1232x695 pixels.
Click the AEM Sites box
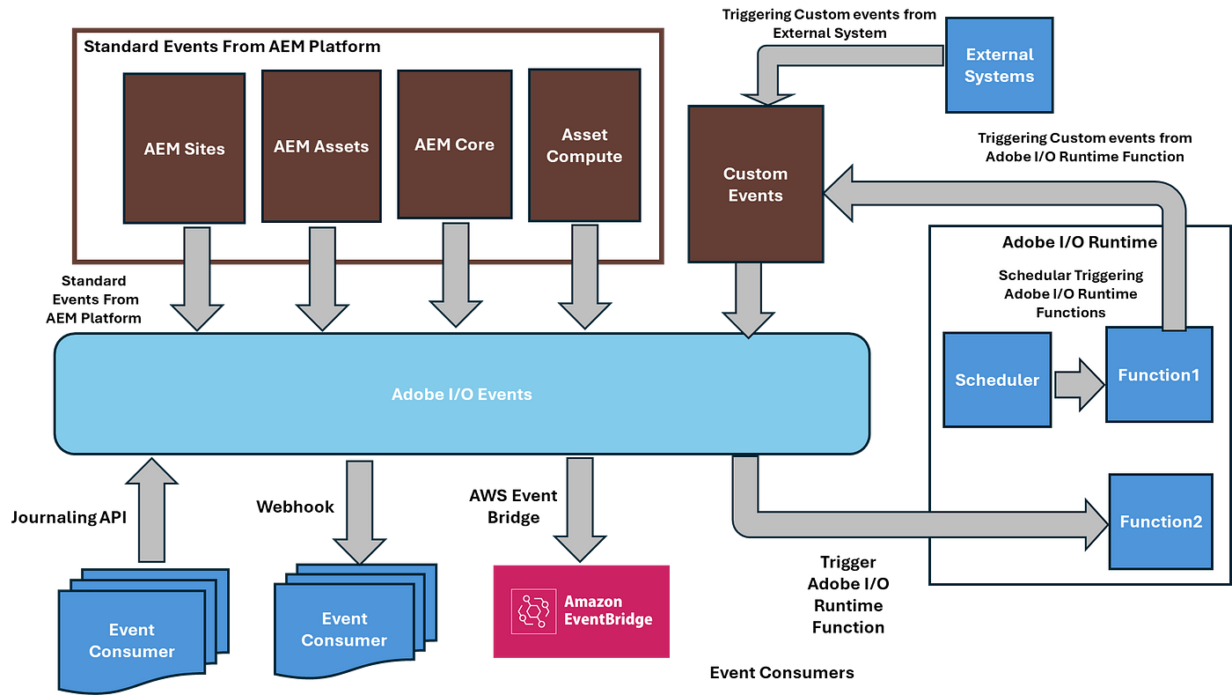coord(184,148)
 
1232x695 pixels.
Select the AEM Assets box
coord(322,146)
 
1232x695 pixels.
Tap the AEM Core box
coord(455,144)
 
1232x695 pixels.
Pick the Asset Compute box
coord(584,145)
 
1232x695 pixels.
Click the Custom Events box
coord(756,184)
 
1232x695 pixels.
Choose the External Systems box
coord(1000,65)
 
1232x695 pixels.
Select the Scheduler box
coord(997,380)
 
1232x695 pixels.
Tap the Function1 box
coord(1160,374)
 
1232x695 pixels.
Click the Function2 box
coord(1161,521)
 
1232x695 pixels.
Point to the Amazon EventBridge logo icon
coord(533,611)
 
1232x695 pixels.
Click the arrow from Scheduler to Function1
coord(1079,384)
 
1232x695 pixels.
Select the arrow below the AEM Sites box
coord(197,278)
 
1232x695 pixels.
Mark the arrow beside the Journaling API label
coord(151,510)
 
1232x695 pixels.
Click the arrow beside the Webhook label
coord(360,513)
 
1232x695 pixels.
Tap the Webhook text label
coord(296,506)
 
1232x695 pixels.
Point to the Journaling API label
coord(69,517)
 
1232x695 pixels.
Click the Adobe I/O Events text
coord(461,395)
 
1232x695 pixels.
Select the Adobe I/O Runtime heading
coord(1080,241)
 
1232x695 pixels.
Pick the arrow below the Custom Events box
coord(748,300)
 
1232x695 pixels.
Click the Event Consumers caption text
coord(781,672)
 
